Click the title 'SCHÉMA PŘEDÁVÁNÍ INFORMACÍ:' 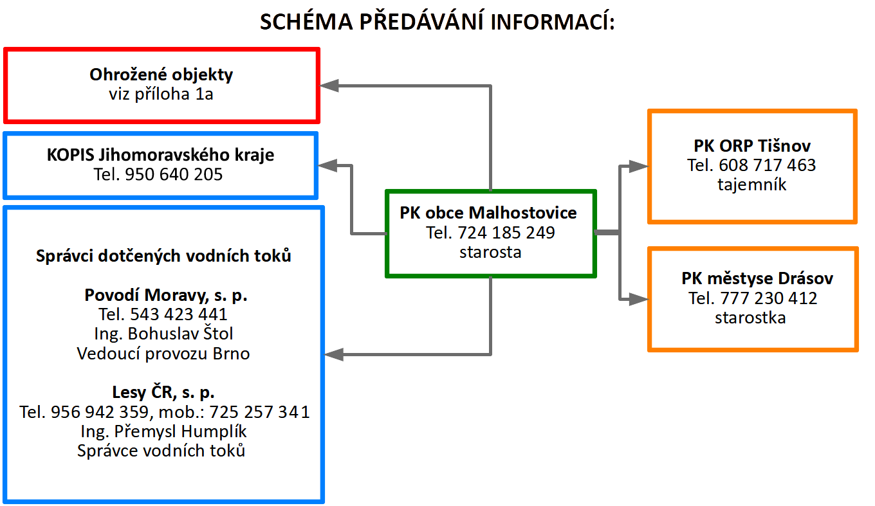pos(438,22)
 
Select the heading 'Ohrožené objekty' pos(161,75)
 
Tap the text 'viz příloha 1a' pos(161,94)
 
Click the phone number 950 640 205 pos(174,174)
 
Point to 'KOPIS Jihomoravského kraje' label pos(161,155)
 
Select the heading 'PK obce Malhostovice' pos(488,213)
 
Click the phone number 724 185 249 pos(506,233)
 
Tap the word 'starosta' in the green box pos(490,252)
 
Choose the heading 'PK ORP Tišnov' pos(752,146)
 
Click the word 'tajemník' pos(752,185)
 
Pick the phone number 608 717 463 pos(768,165)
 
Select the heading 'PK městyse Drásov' pos(757,278)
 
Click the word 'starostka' pos(750,318)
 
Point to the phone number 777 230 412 pos(769,298)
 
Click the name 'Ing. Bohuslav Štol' pos(163,334)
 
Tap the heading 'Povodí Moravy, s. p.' pos(166,295)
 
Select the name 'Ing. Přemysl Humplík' pos(163,431)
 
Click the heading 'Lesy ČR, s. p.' pos(163,392)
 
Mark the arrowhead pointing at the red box pos(329,86)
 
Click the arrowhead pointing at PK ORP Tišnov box pos(639,167)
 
